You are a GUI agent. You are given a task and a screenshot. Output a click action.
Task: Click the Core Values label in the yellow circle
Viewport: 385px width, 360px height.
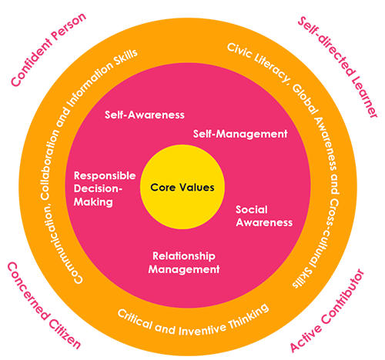[182, 188]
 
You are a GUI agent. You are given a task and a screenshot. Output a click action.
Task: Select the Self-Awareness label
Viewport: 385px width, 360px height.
[145, 115]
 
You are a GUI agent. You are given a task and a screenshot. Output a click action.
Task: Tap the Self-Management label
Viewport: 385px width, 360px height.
[240, 134]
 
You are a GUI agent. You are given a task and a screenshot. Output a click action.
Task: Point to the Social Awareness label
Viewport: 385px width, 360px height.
[264, 216]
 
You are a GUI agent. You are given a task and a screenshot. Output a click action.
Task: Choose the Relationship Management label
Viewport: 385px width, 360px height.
[184, 262]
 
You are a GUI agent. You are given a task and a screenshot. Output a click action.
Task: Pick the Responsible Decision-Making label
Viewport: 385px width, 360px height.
[105, 188]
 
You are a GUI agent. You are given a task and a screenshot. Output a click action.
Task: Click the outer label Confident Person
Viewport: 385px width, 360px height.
[49, 49]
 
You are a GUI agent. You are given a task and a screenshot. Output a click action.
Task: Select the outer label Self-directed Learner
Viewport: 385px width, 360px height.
[338, 67]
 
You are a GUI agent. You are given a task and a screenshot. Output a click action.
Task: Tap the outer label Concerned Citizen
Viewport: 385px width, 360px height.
[44, 305]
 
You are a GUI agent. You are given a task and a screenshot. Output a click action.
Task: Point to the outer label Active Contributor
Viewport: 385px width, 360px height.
[327, 311]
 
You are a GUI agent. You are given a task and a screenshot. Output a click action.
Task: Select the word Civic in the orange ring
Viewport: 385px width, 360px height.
[239, 52]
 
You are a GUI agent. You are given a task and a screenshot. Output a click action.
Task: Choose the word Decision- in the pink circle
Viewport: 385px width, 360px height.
[98, 188]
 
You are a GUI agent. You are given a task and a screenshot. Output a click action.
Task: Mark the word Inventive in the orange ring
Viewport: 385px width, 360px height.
[203, 330]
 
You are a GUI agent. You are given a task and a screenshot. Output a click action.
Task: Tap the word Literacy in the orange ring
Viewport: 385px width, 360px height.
[272, 68]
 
